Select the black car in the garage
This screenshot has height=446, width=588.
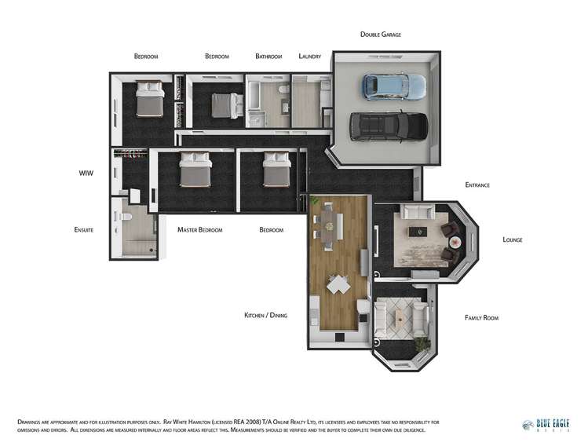[389, 126]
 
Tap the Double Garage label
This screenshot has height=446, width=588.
[381, 35]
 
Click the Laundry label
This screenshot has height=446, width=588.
[310, 57]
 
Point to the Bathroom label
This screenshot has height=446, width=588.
[268, 57]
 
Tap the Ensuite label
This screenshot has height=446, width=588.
[84, 230]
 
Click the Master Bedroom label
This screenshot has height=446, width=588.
[199, 230]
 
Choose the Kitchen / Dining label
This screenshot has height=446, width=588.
[265, 315]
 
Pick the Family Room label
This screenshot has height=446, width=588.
[480, 318]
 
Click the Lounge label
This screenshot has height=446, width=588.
[512, 239]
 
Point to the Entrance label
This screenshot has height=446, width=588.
[477, 185]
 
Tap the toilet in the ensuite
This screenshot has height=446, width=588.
[123, 216]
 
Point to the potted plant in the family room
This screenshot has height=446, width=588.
[423, 343]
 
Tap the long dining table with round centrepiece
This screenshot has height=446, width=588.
[329, 225]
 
